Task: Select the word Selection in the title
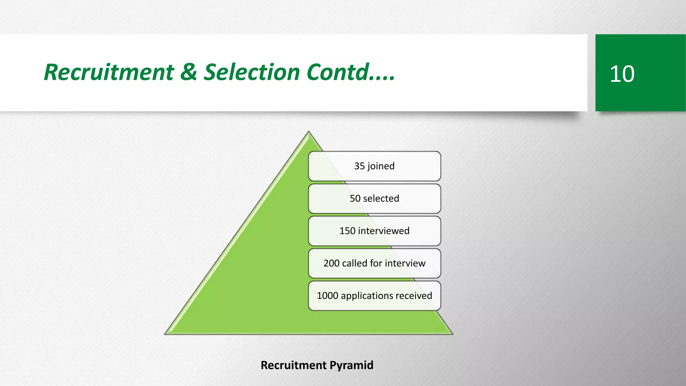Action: [252, 72]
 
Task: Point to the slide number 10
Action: [622, 74]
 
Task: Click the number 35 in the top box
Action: [359, 166]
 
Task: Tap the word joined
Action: [381, 166]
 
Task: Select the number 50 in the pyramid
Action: [355, 198]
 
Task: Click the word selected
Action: [381, 198]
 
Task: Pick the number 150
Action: [347, 231]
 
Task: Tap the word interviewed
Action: [384, 231]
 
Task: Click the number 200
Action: [331, 263]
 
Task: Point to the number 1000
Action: [327, 296]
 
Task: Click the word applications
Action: [367, 296]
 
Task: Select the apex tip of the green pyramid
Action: [308, 132]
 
